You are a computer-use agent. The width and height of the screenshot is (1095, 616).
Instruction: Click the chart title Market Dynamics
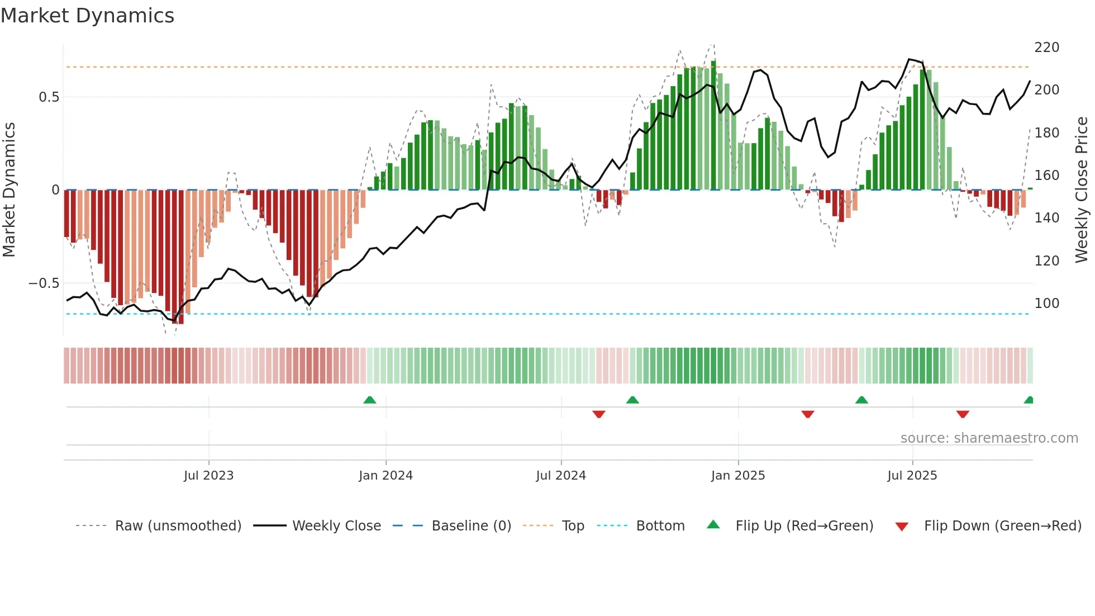coord(87,16)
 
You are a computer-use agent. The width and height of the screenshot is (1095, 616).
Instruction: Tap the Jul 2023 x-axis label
coord(208,476)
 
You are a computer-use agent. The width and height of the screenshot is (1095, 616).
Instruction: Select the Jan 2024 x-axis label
coord(385,476)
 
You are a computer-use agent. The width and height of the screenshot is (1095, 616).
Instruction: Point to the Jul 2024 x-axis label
coord(561,476)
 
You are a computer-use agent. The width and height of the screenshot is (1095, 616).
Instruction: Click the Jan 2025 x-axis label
coord(738,476)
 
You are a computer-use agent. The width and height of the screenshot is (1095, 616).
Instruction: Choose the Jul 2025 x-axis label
coord(912,476)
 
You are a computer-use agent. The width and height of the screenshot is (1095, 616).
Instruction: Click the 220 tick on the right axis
coord(1046,48)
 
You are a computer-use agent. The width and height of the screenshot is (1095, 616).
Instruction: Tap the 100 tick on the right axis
coord(1046,304)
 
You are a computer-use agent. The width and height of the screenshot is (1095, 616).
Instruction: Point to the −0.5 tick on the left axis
coord(44,283)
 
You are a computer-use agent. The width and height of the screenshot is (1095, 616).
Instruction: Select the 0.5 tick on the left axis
coord(49,97)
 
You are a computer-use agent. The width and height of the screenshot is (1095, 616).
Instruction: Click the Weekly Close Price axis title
coord(1082,190)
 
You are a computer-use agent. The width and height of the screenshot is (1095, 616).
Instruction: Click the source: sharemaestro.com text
coord(989,438)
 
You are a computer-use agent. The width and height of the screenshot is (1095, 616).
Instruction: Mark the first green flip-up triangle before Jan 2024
coord(369,400)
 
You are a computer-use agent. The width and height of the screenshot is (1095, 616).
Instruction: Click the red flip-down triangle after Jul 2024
coord(599,414)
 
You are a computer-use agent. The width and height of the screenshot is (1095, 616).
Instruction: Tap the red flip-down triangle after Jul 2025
coord(963,414)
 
